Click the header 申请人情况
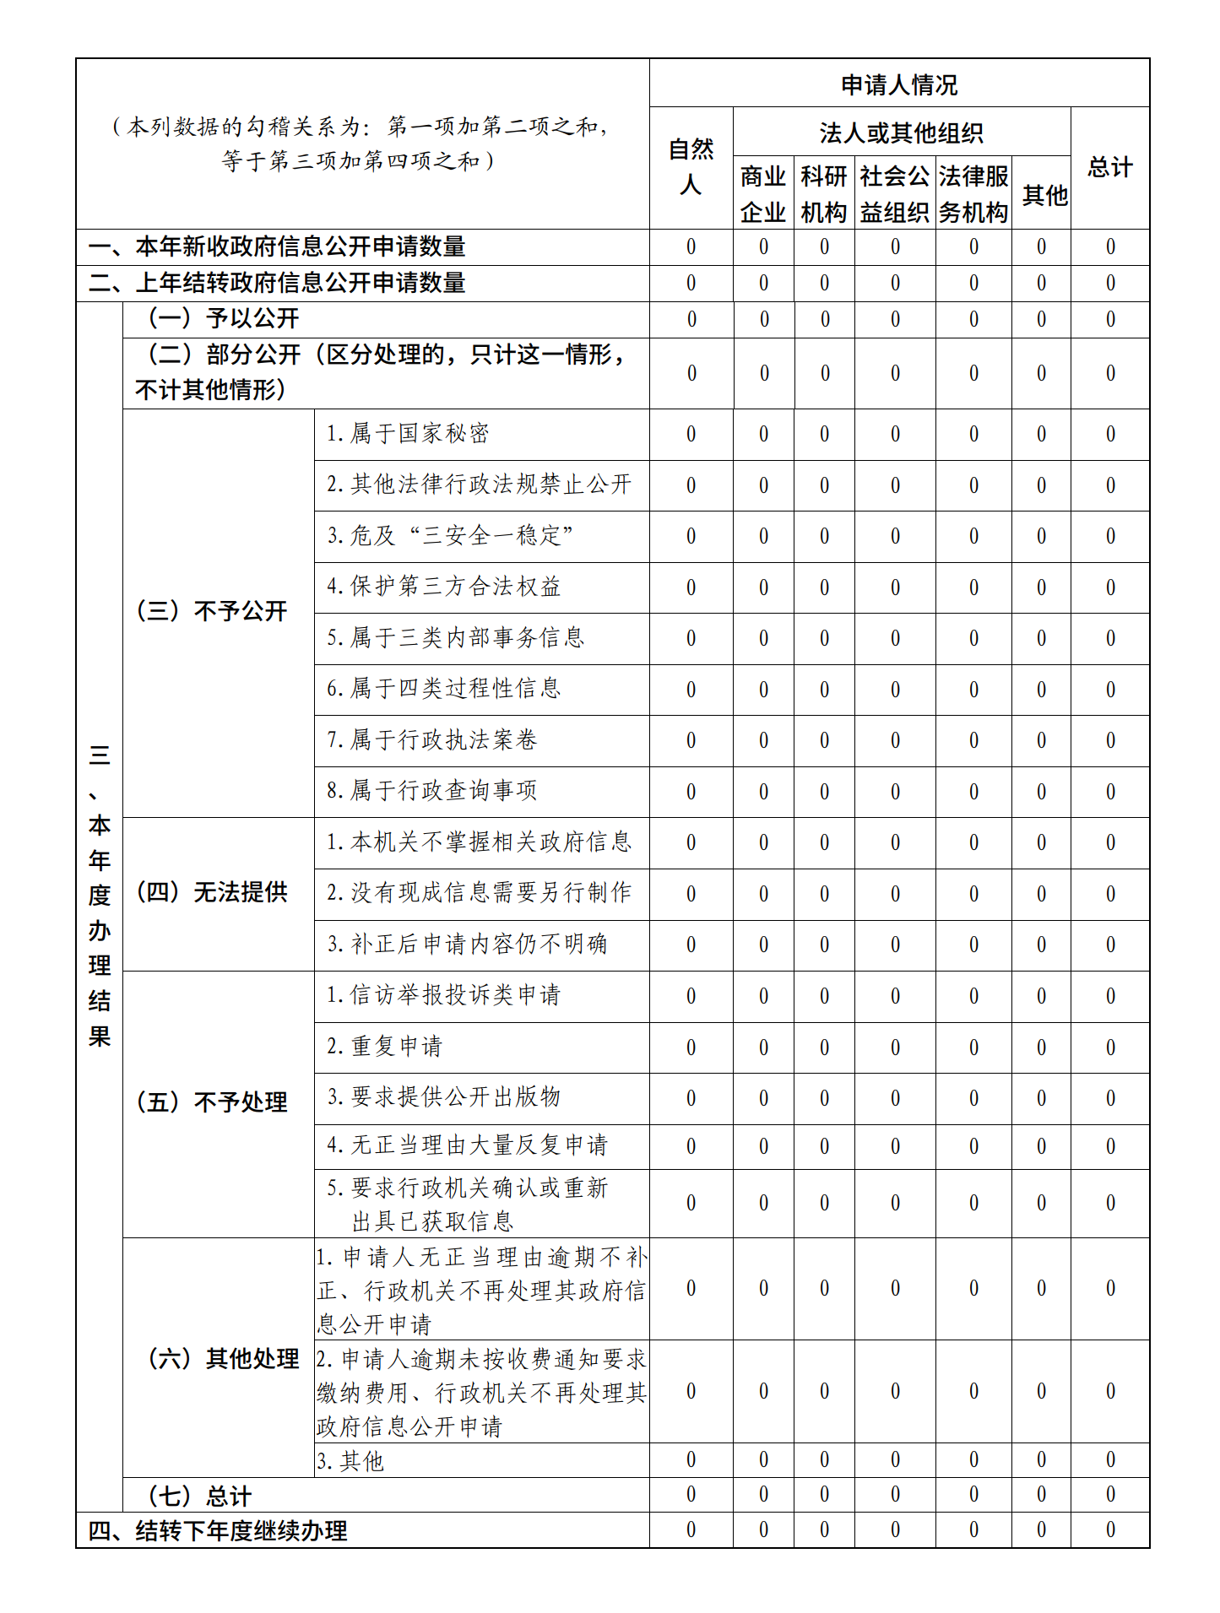[x=899, y=84]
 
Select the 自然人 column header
[x=691, y=167]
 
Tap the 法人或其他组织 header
[x=901, y=133]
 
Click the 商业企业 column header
[x=763, y=194]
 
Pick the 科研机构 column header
[x=824, y=194]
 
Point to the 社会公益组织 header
[x=895, y=194]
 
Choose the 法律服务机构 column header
[x=973, y=194]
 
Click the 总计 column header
[x=1109, y=167]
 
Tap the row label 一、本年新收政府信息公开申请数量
[x=277, y=246]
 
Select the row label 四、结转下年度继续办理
[x=218, y=1530]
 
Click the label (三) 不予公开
[x=213, y=611]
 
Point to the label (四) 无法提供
[x=213, y=892]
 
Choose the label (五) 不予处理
[x=213, y=1102]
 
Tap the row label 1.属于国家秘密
[x=408, y=434]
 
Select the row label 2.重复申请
[x=384, y=1047]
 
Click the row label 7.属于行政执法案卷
[x=431, y=740]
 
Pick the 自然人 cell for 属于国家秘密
[x=691, y=435]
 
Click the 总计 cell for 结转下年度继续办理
[x=1109, y=1530]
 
